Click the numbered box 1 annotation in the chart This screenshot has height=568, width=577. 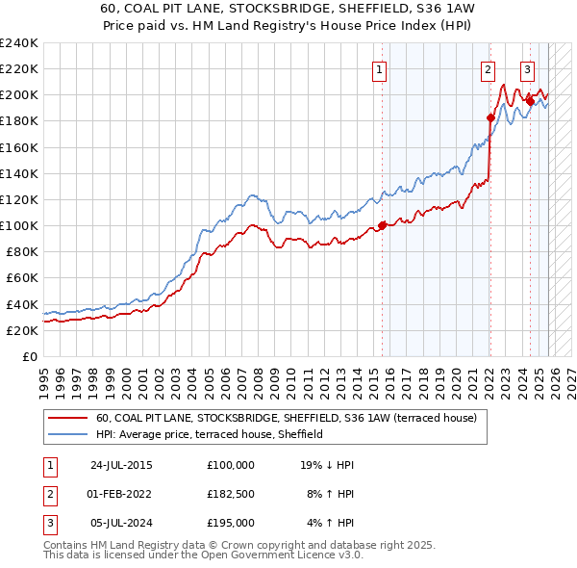click(379, 69)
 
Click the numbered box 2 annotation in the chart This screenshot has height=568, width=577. click(488, 69)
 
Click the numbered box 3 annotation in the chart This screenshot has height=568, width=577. click(528, 69)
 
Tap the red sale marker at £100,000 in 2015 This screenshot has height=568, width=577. click(382, 225)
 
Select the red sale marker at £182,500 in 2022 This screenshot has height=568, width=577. click(490, 117)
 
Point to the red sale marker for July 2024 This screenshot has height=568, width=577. click(530, 101)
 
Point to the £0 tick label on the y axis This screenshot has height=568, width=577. click(29, 356)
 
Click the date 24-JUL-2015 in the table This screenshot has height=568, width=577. click(121, 465)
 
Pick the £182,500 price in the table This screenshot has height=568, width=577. click(231, 494)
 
